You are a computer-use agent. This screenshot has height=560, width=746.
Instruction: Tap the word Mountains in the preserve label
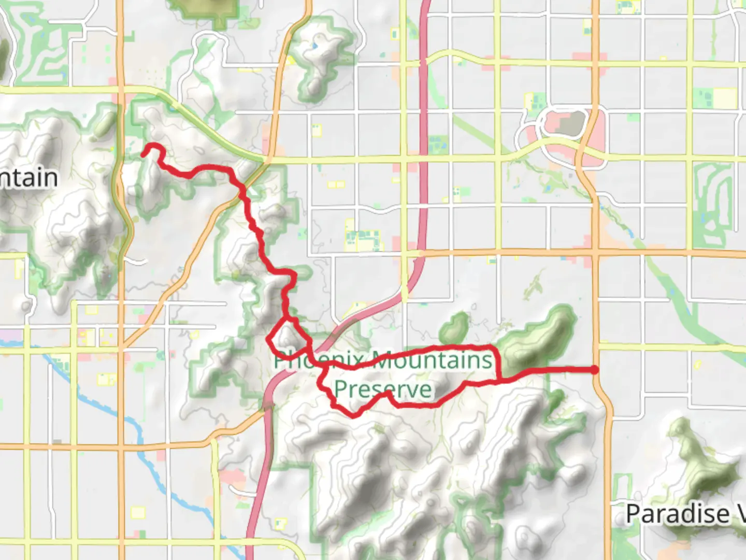(x=433, y=359)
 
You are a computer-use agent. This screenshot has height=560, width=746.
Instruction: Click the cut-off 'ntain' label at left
(x=28, y=178)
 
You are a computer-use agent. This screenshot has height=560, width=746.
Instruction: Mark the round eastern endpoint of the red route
(x=594, y=370)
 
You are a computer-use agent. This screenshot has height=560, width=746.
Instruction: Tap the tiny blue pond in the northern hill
(x=314, y=46)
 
